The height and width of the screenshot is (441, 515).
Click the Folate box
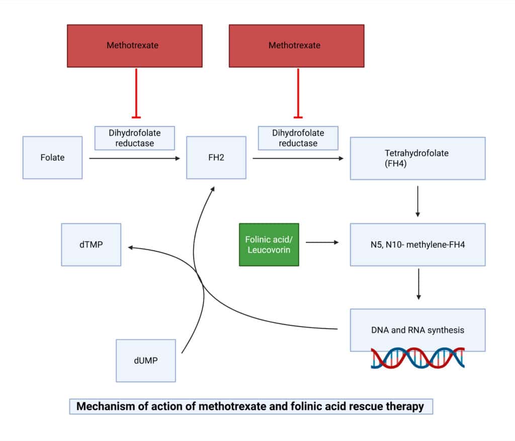click(52, 158)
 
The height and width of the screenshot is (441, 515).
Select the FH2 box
click(216, 158)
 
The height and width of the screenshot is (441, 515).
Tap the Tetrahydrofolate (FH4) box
click(417, 158)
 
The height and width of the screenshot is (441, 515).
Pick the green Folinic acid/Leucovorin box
click(269, 244)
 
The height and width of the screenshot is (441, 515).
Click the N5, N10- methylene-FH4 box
click(417, 244)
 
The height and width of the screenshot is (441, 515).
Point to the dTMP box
click(91, 245)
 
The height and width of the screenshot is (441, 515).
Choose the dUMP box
click(146, 360)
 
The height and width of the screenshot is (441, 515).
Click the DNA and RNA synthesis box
click(417, 330)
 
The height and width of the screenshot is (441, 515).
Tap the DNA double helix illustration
click(417, 358)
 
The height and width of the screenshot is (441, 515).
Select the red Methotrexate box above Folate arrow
click(135, 45)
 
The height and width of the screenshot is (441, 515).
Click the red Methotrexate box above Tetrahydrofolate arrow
click(297, 45)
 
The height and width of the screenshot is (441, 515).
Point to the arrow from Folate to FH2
click(134, 159)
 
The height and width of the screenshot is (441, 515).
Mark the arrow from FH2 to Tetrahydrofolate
click(298, 159)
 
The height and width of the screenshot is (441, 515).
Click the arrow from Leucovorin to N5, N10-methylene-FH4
click(322, 242)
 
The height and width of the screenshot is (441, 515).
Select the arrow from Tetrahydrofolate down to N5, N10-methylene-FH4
click(417, 201)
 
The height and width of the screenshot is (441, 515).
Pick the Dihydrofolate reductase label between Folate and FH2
click(135, 138)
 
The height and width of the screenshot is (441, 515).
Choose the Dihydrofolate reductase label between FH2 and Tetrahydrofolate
click(298, 138)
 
